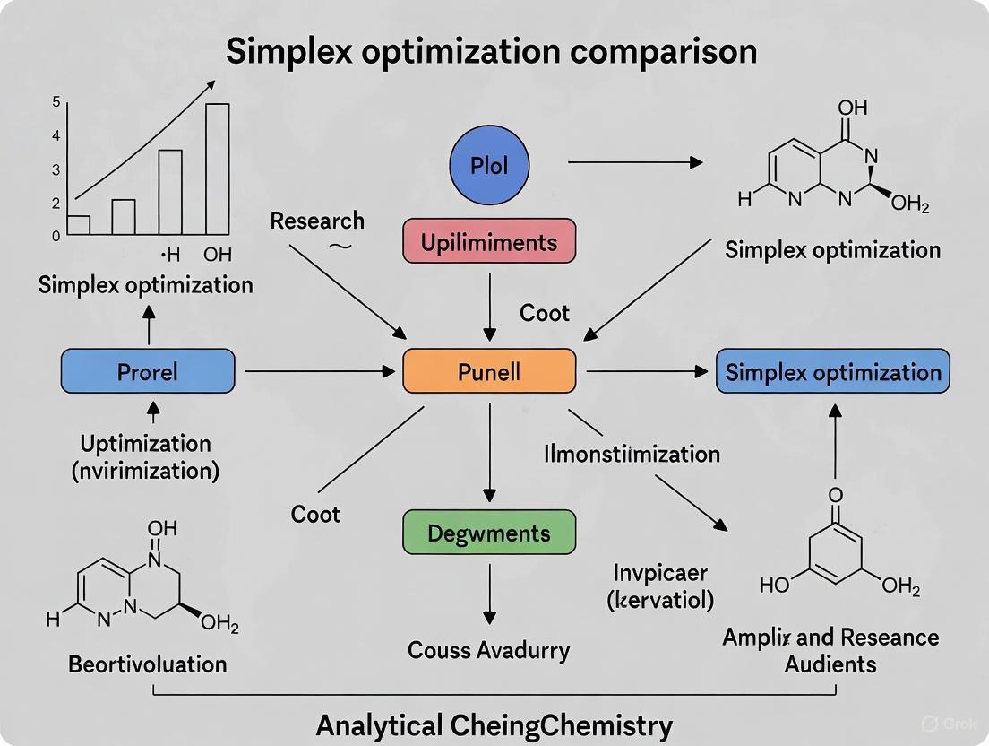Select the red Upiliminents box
[x=488, y=241]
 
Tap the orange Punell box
[x=488, y=371]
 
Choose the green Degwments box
[x=488, y=533]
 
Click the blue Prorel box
[x=148, y=371]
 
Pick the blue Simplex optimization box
[x=833, y=372]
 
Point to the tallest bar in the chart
[x=218, y=169]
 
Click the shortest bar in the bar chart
[x=79, y=225]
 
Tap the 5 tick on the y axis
[x=56, y=102]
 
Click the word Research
[x=317, y=221]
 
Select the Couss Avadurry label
[x=488, y=650]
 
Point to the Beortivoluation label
[x=147, y=664]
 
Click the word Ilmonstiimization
[x=632, y=454]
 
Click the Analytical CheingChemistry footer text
[x=494, y=725]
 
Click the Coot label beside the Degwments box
[x=315, y=515]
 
